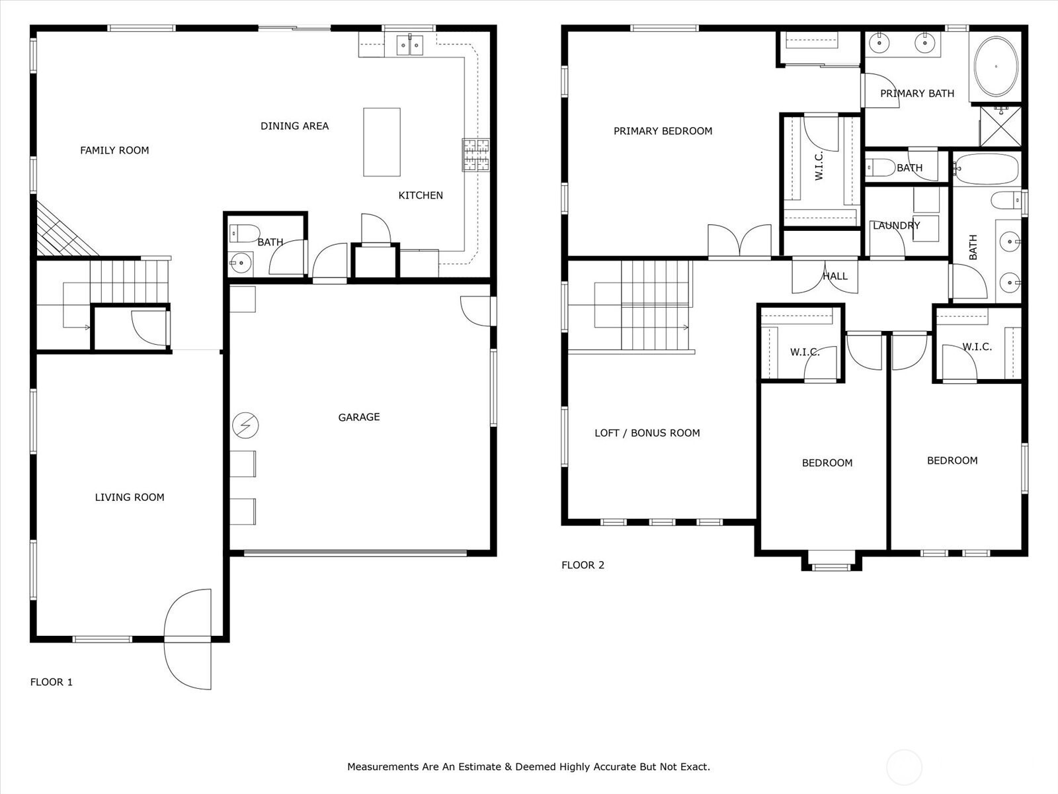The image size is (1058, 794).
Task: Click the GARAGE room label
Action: pos(358,417)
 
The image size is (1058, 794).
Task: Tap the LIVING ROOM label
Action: pos(129,497)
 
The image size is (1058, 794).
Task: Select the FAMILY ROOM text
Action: pos(114,150)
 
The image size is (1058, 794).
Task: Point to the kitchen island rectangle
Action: pos(382,142)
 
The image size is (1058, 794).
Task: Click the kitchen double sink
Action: pos(410,45)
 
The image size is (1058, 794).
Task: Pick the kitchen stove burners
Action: pos(475,155)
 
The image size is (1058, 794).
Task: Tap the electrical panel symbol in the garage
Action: pos(245,425)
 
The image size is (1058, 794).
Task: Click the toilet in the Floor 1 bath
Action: pos(245,234)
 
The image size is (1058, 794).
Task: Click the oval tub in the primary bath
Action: pos(997,66)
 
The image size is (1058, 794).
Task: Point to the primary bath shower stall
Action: pos(1000,126)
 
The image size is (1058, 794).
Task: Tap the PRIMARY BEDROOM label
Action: pos(663,131)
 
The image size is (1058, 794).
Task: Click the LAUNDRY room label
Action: pos(897,225)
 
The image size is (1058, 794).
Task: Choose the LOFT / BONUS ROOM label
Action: pos(647,433)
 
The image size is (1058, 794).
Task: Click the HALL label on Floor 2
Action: pos(835,276)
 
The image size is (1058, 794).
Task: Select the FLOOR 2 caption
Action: pos(583,565)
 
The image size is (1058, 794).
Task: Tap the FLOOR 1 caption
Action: pos(51,682)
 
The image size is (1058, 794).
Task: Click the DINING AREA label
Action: pos(294,126)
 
